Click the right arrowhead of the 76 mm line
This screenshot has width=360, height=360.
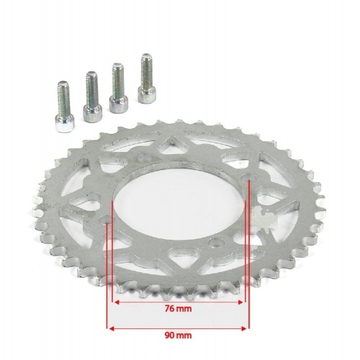tap(243, 302)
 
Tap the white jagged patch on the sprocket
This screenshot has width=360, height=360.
tap(265, 217)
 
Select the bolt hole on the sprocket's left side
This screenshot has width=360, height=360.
tap(107, 217)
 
